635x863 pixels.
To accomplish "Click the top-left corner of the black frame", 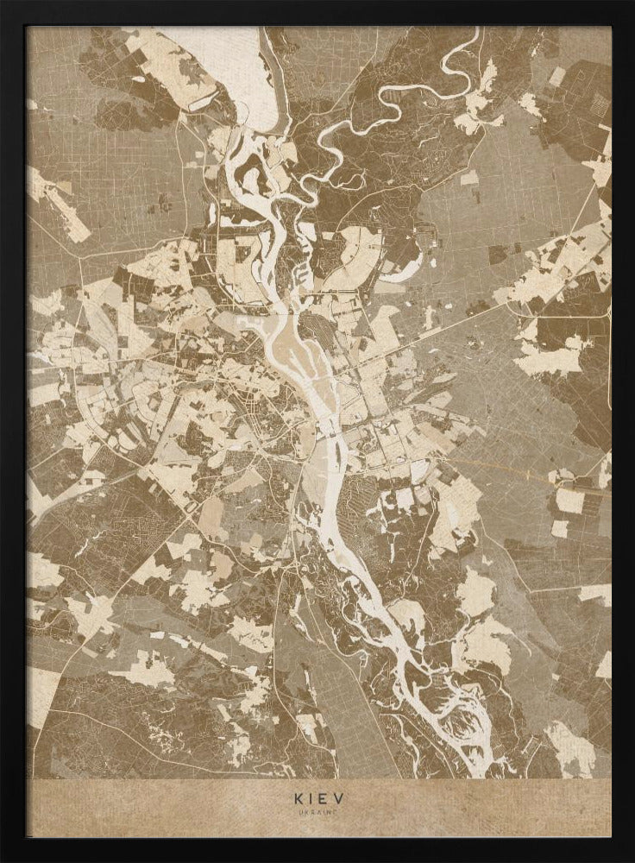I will (2, 2).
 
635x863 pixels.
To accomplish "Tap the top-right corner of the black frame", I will (632, 2).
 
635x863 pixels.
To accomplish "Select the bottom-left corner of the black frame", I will (2, 860).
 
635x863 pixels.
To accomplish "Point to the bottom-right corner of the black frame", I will (632, 860).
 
